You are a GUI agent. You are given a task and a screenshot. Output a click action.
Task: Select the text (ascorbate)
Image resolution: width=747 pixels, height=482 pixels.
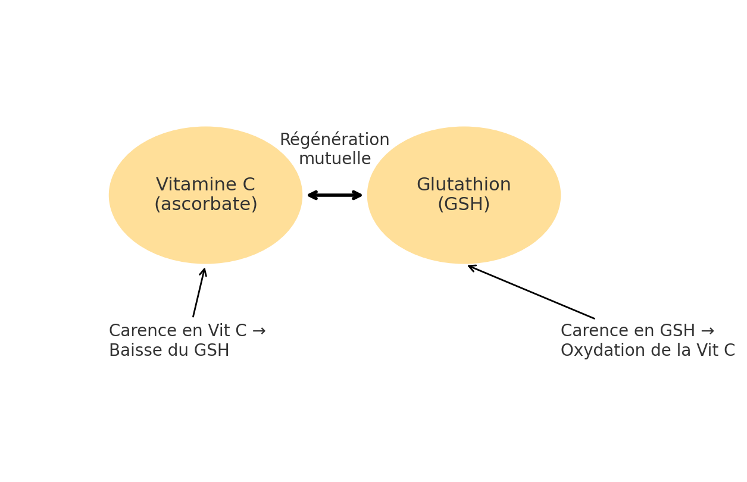click(205, 205)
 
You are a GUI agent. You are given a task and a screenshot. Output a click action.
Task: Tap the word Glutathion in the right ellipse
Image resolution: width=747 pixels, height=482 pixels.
click(464, 185)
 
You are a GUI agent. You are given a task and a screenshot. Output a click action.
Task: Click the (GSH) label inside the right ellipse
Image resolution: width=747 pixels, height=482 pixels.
click(464, 205)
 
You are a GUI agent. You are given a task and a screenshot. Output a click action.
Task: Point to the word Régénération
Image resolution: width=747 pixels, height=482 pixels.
click(335, 140)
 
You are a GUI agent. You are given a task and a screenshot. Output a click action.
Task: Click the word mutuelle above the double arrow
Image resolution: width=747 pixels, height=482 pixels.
click(335, 159)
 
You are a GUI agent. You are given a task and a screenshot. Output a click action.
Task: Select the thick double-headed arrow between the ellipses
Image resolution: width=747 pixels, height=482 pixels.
click(335, 195)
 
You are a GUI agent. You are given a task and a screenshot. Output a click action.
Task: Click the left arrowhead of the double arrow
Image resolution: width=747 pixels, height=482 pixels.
click(311, 195)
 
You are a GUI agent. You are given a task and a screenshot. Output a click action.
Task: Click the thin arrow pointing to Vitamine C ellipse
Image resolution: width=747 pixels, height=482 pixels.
click(199, 293)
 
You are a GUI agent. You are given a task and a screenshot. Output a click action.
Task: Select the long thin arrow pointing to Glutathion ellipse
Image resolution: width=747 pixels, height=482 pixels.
click(531, 292)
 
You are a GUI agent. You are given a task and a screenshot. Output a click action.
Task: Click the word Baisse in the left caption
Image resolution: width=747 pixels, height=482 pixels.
click(135, 351)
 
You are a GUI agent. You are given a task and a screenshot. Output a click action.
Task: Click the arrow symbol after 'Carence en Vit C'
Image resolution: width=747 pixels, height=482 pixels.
click(258, 331)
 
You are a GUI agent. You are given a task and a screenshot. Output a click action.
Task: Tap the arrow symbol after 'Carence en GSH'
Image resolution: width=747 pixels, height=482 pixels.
click(707, 331)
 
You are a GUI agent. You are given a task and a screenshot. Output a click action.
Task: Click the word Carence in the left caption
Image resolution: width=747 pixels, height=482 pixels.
click(136, 331)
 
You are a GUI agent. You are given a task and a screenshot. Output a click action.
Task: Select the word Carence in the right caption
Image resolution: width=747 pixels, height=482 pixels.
click(588, 331)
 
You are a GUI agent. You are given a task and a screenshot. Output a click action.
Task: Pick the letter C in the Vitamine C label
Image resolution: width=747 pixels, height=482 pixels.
click(248, 185)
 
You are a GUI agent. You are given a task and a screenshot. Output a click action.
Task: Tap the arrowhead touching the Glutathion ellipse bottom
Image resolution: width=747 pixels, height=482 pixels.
click(471, 267)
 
